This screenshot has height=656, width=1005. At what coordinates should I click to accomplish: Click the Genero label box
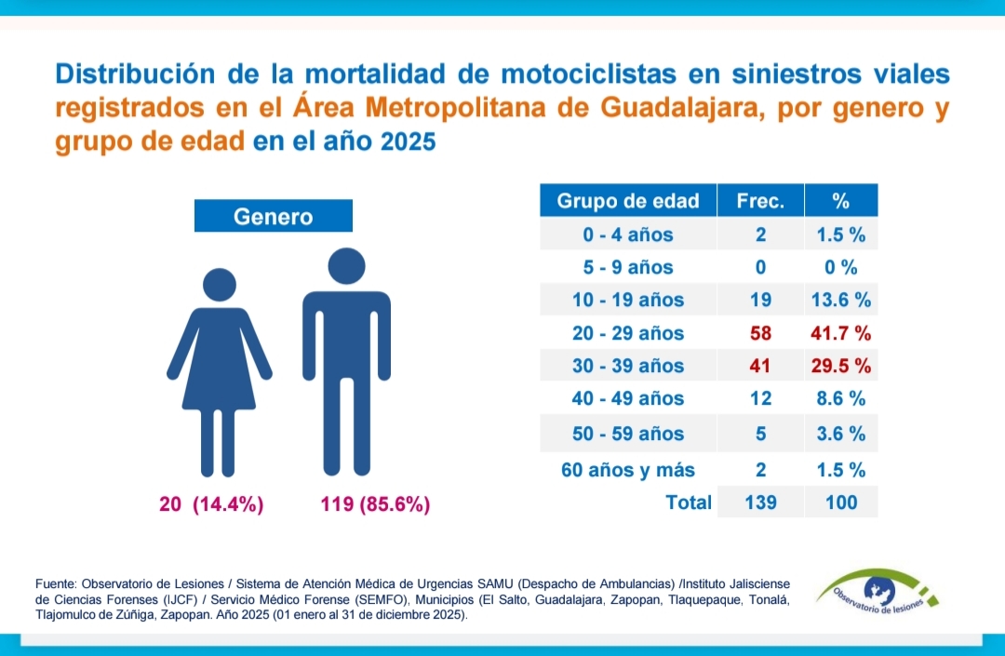273,217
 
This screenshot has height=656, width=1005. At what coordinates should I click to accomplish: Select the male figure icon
346,363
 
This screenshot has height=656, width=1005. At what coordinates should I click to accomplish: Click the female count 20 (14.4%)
211,505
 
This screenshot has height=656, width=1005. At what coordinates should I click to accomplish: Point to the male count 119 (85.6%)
374,505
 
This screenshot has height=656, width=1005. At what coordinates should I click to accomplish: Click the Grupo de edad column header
628,200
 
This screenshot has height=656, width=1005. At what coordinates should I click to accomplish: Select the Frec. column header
760,200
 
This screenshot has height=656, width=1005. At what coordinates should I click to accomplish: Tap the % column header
841,200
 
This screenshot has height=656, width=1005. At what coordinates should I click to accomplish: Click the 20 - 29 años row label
628,333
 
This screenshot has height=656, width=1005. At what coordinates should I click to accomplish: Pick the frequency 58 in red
760,333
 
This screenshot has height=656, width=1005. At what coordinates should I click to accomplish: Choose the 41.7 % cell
841,333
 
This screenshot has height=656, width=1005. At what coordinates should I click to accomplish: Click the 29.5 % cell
841,366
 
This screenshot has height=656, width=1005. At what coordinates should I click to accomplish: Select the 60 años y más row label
628,469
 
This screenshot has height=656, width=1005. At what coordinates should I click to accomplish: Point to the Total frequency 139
760,502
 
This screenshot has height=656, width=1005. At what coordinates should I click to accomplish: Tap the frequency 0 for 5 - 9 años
760,267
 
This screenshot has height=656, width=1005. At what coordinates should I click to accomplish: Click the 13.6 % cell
841,300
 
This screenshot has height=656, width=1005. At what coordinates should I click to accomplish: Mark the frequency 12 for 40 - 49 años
760,398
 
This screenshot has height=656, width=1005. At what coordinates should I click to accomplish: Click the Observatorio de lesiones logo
877,597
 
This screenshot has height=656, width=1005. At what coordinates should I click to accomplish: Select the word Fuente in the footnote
57,582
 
